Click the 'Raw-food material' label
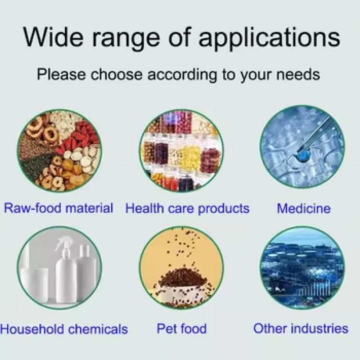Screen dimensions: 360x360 pos(58,208)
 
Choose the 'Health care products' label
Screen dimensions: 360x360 pos(187,208)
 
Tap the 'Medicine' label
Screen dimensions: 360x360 pos(303,208)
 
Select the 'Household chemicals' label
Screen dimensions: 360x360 pos(64,329)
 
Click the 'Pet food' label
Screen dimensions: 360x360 pos(181,328)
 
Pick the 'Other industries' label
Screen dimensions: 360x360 pos(301,328)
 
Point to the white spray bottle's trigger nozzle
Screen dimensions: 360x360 pos(60,243)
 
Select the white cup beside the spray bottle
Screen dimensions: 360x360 pos(35,281)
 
